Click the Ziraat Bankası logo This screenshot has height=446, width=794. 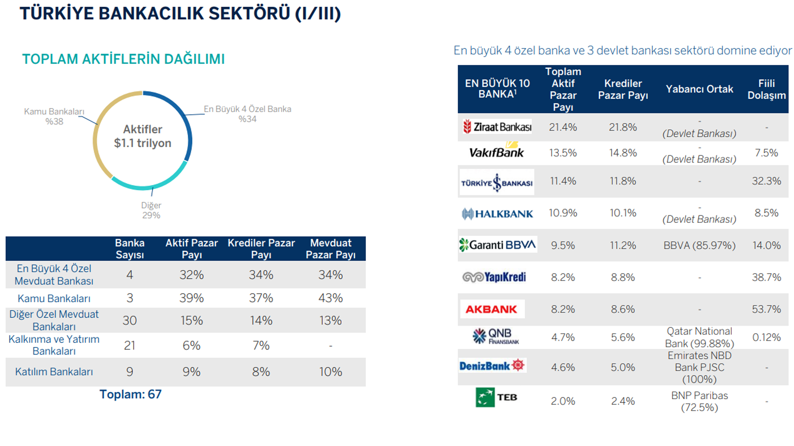(x=497, y=126)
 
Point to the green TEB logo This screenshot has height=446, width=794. (x=485, y=397)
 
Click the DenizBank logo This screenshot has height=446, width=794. (x=492, y=366)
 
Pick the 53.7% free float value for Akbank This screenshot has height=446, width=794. (x=766, y=309)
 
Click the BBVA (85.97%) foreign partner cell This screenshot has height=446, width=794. (x=699, y=245)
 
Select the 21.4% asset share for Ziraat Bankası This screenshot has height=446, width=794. (x=563, y=127)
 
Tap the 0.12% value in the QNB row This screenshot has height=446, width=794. (x=766, y=337)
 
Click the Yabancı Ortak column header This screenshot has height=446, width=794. (x=699, y=89)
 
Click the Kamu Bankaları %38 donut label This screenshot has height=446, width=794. (x=54, y=116)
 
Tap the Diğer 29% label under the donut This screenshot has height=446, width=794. (x=151, y=210)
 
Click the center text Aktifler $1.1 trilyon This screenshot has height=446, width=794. (x=143, y=136)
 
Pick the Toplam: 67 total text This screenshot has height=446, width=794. (x=130, y=394)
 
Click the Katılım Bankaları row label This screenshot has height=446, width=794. (x=54, y=372)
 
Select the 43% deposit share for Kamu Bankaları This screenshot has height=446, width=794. (x=331, y=298)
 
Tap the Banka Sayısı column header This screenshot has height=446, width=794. (x=130, y=249)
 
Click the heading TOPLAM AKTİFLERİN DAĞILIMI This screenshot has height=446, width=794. (x=123, y=59)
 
